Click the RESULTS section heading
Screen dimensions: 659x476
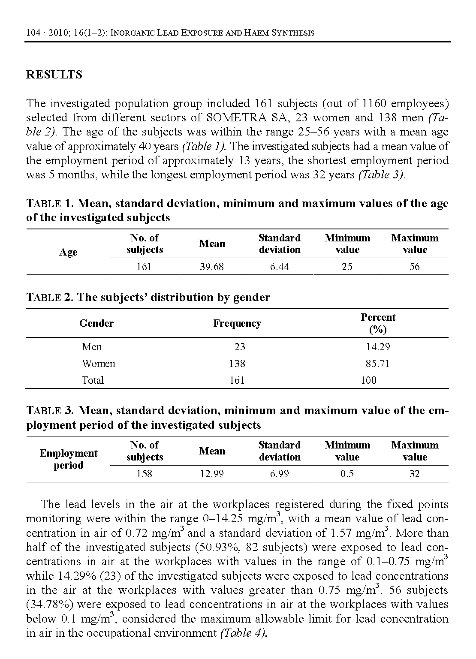[54, 75]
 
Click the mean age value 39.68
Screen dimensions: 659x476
[212, 267]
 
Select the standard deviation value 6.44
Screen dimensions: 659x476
[280, 267]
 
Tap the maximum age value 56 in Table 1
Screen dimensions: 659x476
[414, 267]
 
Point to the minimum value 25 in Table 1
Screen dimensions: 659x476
[347, 267]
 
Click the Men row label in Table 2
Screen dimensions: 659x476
[92, 347]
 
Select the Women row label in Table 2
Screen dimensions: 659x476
[99, 364]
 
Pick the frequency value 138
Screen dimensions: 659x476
[237, 364]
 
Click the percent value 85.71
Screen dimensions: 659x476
[378, 364]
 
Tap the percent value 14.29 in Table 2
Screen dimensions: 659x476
[378, 347]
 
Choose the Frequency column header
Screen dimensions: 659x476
[237, 323]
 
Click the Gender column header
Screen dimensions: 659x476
[96, 323]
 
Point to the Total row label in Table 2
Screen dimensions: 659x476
[93, 380]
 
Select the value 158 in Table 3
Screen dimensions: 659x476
[144, 474]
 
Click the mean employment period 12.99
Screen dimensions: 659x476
[212, 474]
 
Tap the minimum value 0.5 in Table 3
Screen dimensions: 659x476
[347, 474]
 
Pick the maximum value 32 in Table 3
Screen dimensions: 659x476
[414, 474]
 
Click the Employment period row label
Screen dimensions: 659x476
[69, 459]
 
